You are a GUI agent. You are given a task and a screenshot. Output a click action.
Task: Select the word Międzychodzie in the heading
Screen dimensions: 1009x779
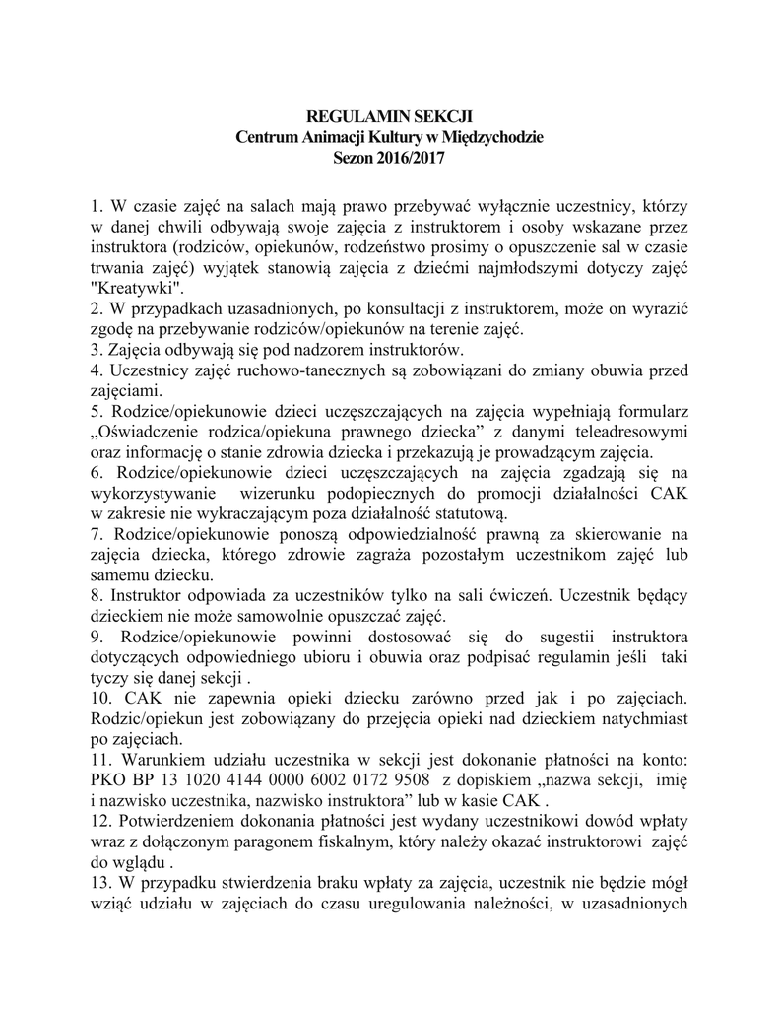point(488,137)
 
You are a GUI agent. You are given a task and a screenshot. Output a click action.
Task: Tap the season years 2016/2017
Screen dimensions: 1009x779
point(411,157)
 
